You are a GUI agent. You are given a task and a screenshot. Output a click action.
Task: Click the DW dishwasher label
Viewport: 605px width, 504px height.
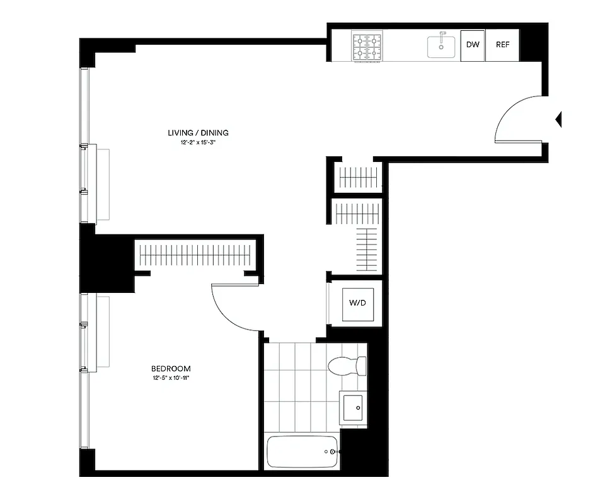[472, 45]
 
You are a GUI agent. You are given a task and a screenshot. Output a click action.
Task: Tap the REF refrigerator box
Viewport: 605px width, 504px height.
[502, 45]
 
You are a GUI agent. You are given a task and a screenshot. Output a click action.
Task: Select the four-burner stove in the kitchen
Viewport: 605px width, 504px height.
[367, 47]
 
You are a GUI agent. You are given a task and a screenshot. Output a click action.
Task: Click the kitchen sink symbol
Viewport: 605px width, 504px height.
[441, 47]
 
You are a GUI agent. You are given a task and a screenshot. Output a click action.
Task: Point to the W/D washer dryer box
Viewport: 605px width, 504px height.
[357, 303]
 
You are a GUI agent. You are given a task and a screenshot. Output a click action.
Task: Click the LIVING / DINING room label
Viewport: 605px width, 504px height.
[198, 133]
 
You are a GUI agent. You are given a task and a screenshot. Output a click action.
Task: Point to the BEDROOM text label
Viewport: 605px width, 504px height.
[171, 369]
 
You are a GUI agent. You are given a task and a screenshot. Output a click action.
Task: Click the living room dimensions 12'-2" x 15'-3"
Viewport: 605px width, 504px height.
[198, 143]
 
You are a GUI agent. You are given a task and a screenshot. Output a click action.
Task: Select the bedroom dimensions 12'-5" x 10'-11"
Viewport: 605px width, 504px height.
[171, 379]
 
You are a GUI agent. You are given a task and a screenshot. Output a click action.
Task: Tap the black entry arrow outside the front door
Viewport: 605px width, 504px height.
[558, 119]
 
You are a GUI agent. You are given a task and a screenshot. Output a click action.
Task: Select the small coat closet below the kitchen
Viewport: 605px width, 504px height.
[357, 177]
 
